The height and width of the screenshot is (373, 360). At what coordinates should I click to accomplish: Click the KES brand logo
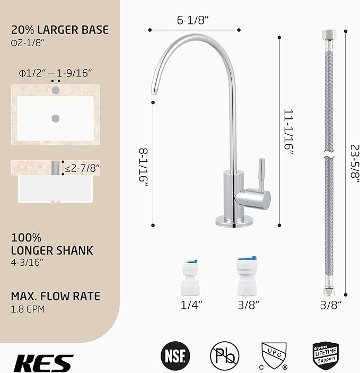click(x=43, y=362)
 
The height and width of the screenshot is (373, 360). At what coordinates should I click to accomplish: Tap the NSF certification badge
click(x=175, y=355)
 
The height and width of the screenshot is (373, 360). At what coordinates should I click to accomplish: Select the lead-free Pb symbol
click(x=224, y=355)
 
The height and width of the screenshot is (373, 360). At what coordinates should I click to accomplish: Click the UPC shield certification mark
click(x=274, y=354)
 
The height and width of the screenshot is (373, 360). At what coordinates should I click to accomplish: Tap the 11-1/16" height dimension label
click(x=288, y=132)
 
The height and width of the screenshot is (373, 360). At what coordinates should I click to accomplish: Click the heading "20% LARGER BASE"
click(x=60, y=30)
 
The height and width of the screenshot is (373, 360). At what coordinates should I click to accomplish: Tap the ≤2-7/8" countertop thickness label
click(x=82, y=169)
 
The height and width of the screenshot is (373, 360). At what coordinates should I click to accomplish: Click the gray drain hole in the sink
click(x=55, y=117)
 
